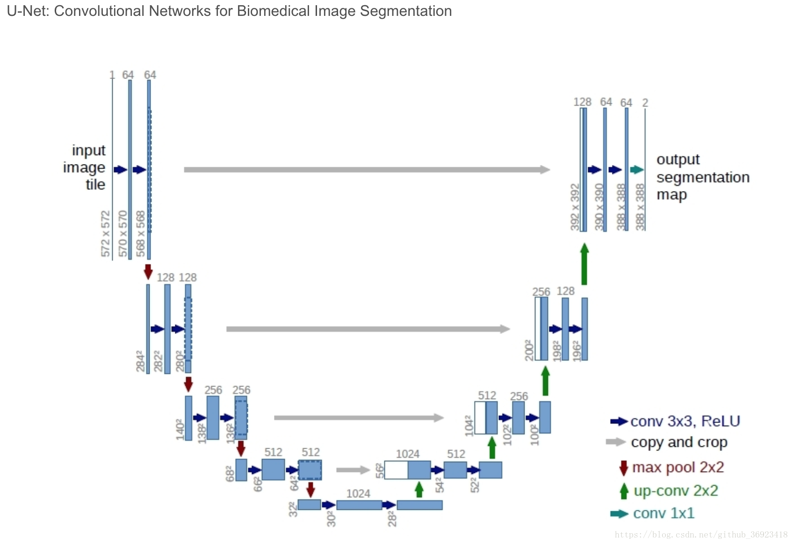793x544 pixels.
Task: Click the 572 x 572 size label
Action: pos(106,233)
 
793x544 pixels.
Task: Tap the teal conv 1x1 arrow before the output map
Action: pos(636,170)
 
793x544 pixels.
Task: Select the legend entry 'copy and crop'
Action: pos(678,442)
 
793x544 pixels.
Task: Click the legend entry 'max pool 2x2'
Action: pos(678,467)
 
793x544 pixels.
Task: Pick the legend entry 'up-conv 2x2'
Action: pos(675,491)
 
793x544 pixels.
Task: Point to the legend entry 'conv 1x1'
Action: pos(663,514)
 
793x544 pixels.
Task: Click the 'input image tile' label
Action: pos(85,167)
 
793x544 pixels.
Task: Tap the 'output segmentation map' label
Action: pos(702,177)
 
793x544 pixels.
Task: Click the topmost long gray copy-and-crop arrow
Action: pos(367,170)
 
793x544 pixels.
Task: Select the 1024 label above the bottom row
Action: pos(358,494)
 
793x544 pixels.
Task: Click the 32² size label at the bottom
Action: pos(293,509)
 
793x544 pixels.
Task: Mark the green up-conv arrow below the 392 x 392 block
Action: pos(584,264)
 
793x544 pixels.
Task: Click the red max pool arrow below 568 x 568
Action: pos(148,272)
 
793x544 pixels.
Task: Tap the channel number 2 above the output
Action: pos(645,103)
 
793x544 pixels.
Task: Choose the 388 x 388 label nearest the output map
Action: pos(640,207)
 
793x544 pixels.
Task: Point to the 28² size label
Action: pos(392,519)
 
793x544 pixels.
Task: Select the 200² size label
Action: pos(529,351)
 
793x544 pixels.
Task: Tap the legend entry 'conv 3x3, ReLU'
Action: pos(685,422)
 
